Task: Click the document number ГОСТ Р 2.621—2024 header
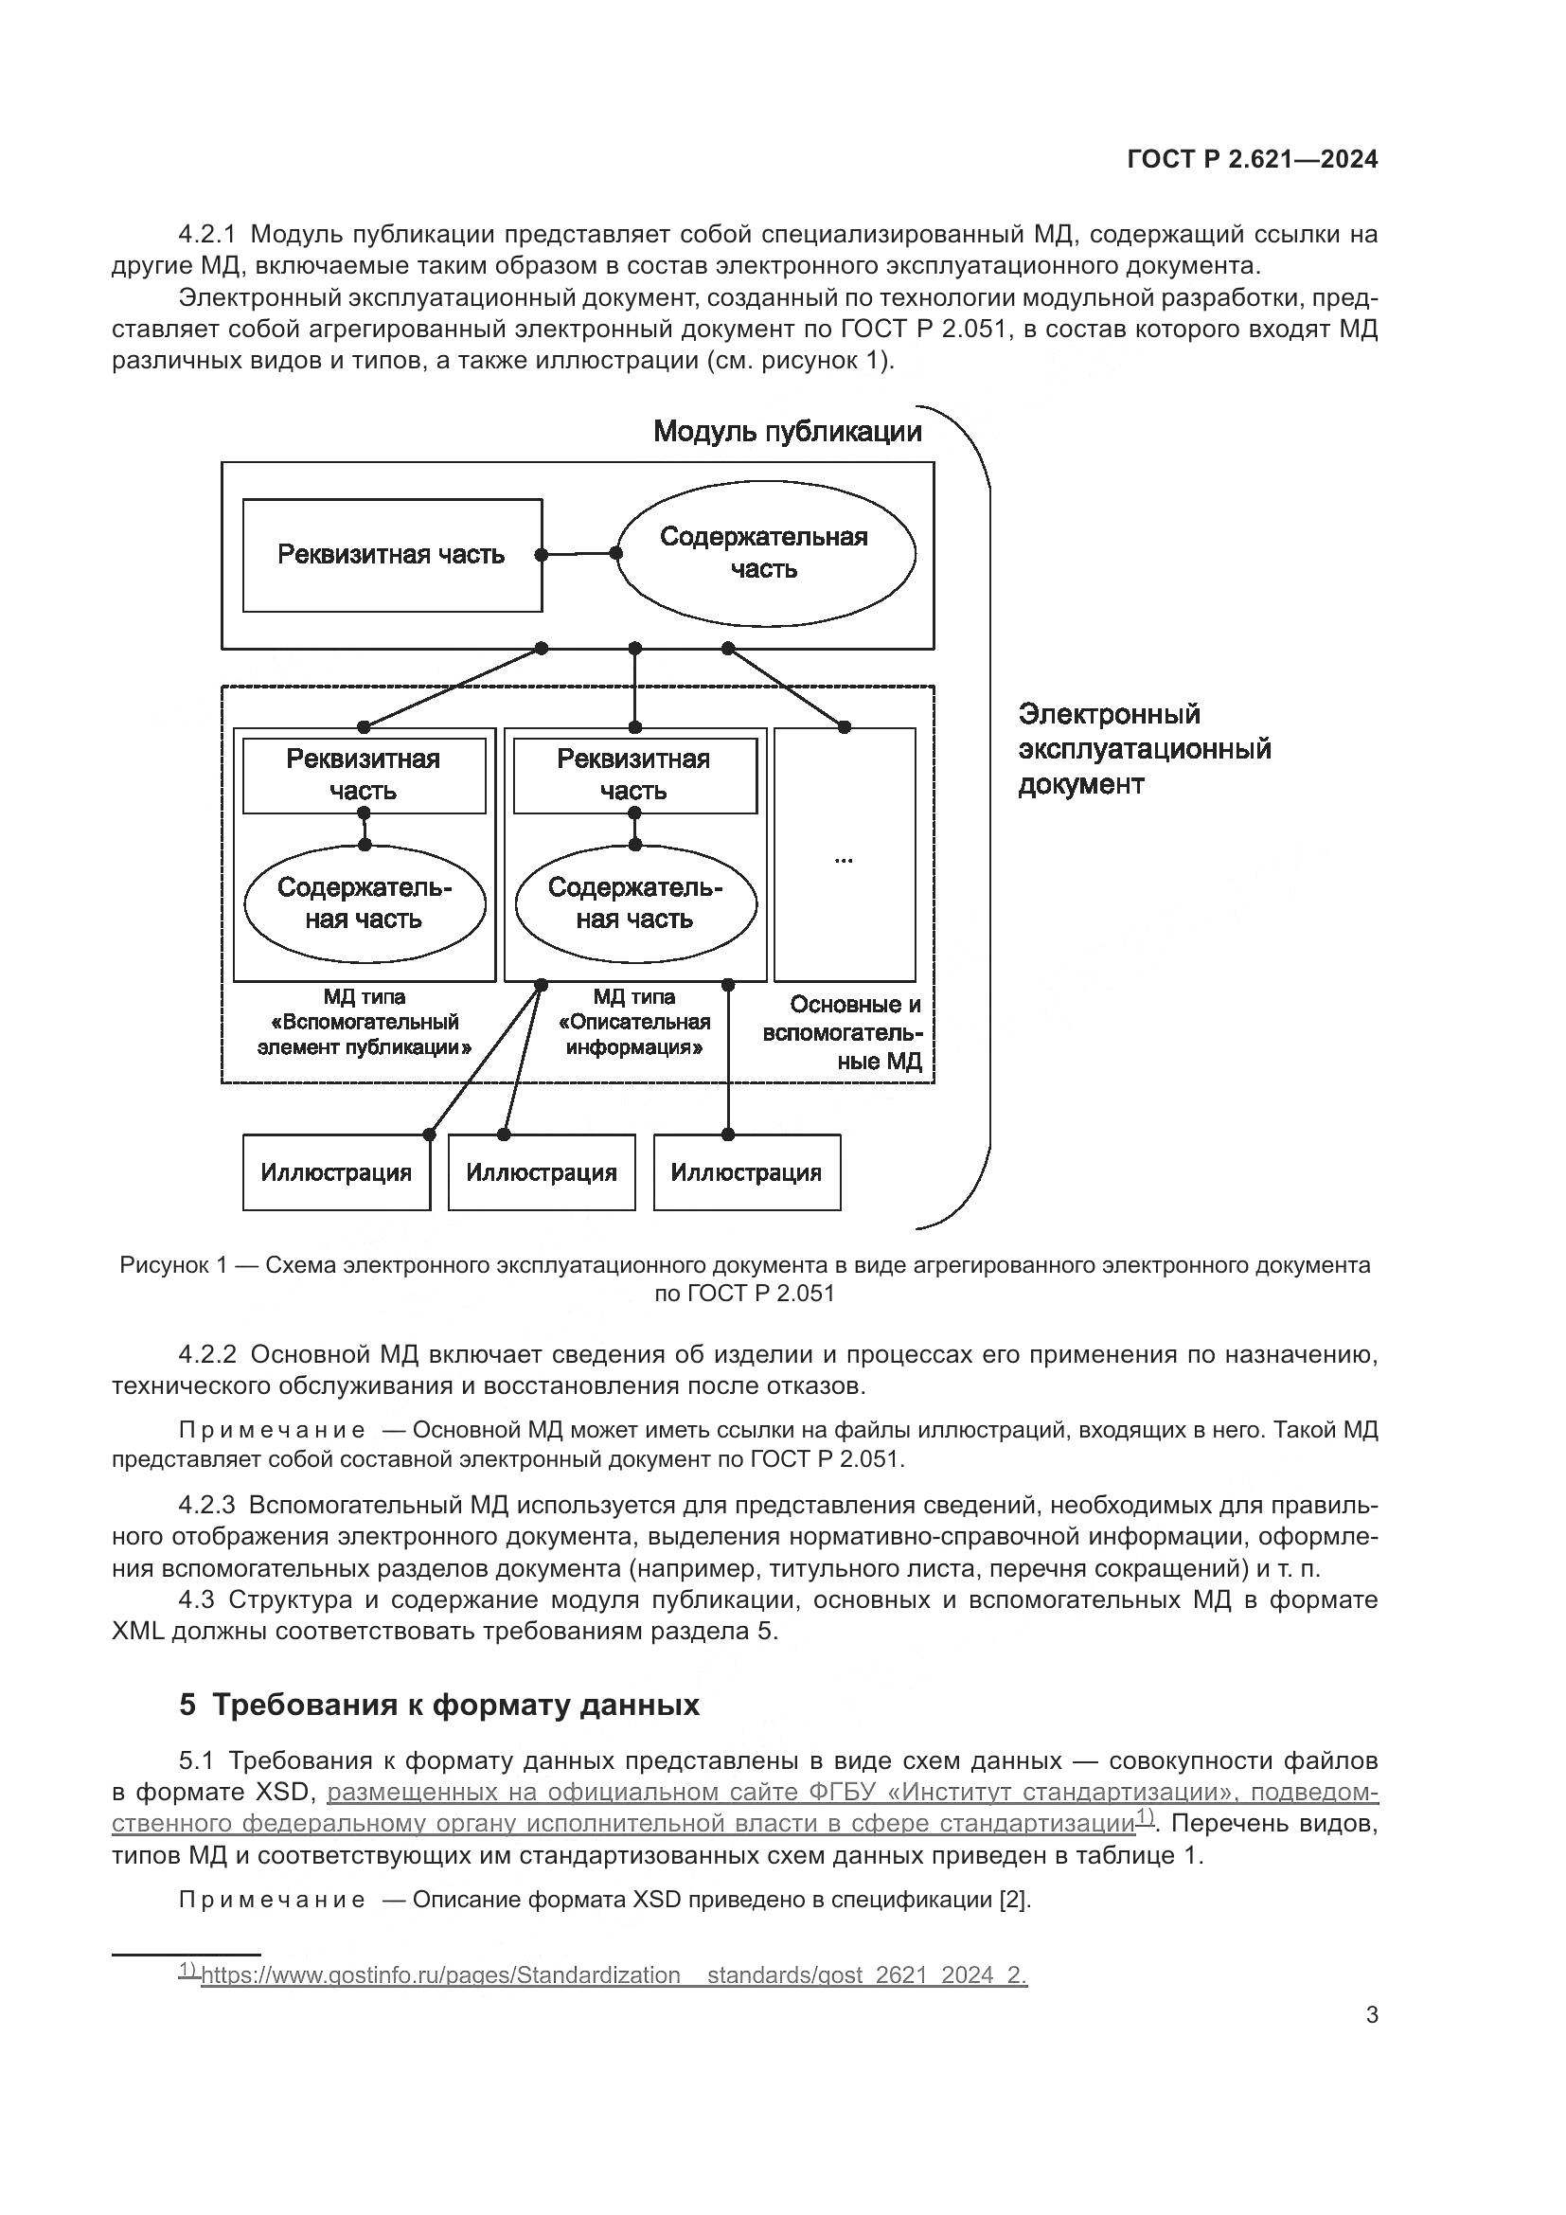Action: [1252, 160]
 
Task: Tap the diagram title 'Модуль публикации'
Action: [787, 431]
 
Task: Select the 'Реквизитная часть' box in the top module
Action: [392, 555]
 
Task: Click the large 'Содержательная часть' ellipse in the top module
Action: [765, 554]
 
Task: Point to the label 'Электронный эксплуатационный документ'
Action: [1144, 750]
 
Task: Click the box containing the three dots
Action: [845, 854]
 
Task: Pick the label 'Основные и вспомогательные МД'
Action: [842, 1032]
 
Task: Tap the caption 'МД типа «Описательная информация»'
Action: [633, 1022]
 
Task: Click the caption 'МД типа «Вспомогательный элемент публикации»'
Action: [364, 1022]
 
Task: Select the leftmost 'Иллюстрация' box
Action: [335, 1172]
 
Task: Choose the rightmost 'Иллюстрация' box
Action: [746, 1172]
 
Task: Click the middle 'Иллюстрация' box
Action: [541, 1172]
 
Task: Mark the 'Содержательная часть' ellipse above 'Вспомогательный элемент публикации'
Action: [364, 903]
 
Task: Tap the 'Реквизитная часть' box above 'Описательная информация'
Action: [633, 775]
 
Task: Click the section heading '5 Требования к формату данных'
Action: [438, 1731]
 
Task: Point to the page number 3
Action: [1371, 2043]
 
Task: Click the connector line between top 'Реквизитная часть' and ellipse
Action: [579, 554]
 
